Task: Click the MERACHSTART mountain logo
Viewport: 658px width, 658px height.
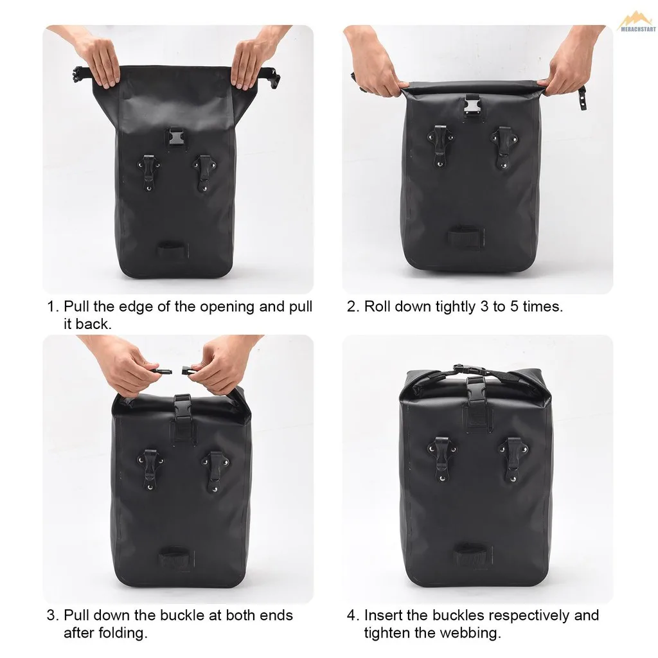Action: pos(637,21)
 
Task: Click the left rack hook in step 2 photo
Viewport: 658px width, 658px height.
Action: pos(440,145)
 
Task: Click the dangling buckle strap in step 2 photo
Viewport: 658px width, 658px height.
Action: pos(582,97)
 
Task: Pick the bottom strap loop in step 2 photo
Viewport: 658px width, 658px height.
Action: pos(466,237)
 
